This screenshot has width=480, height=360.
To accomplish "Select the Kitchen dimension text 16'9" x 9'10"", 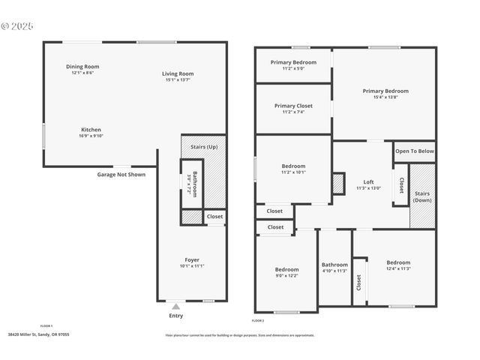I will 91,136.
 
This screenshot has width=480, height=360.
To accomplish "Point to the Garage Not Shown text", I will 121,175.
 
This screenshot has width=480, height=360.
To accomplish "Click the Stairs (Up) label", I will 204,147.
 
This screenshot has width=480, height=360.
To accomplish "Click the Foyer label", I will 192,259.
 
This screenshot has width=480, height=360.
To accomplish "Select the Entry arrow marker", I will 175,306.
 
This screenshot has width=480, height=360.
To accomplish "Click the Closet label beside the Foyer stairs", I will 214,217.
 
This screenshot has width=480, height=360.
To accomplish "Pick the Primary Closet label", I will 293,106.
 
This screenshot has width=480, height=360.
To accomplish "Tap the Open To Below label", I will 415,151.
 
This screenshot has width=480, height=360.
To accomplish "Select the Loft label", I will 368,181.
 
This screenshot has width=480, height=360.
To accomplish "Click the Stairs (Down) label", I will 422,196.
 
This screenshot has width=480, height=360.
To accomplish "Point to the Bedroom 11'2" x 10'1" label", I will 293,166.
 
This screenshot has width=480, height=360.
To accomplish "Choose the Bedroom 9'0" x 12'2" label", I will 286,269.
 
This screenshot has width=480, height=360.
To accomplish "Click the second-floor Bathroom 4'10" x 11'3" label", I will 334,265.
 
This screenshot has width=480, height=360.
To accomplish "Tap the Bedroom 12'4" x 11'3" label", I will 398,262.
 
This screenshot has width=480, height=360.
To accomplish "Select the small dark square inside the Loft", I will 338,184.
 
